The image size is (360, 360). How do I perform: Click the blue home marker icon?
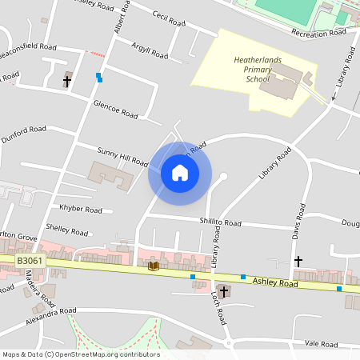tap(179, 173)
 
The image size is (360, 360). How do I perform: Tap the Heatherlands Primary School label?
tap(253, 70)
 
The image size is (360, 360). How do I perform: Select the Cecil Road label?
tap(169, 17)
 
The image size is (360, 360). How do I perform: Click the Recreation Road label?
tap(318, 33)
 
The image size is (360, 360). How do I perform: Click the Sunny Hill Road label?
tap(122, 156)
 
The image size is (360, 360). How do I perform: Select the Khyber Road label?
tap(82, 210)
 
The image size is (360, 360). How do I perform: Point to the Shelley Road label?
tap(67, 231)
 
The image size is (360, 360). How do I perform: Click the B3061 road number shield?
tap(30, 261)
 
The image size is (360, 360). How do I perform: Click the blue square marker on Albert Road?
tap(99, 77)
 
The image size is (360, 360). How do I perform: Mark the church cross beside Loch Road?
tap(223, 292)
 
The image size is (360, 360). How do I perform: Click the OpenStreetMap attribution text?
tap(81, 354)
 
